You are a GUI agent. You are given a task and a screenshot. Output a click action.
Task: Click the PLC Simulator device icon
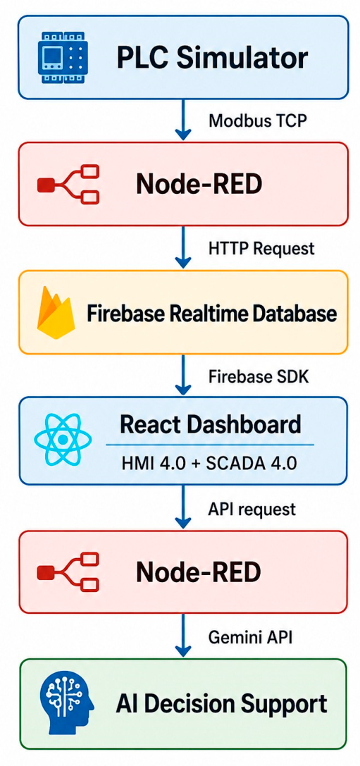pyautogui.click(x=62, y=56)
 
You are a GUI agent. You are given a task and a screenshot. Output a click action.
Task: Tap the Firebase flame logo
pyautogui.click(x=55, y=313)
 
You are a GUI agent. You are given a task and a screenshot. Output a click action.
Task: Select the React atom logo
pyautogui.click(x=62, y=440)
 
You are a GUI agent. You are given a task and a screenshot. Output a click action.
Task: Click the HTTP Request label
pyautogui.click(x=261, y=248)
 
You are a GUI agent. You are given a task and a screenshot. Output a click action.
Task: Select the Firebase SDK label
pyautogui.click(x=259, y=376)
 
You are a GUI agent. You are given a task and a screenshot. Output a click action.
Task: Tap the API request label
pyautogui.click(x=252, y=509)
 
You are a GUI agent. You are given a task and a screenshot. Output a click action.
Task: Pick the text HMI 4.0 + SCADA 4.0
pyautogui.click(x=209, y=462)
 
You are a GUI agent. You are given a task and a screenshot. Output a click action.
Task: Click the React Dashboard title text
pyautogui.click(x=210, y=424)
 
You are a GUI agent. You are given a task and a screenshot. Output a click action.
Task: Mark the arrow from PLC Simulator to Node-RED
pyautogui.click(x=183, y=119)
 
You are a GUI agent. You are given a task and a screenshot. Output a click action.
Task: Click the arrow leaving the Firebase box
pyautogui.click(x=183, y=375)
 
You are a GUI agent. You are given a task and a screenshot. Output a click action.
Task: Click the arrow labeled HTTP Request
pyautogui.click(x=183, y=247)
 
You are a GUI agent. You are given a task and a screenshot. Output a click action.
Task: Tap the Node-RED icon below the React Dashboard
pyautogui.click(x=68, y=571)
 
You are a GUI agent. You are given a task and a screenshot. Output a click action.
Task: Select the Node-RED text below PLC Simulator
pyautogui.click(x=199, y=184)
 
